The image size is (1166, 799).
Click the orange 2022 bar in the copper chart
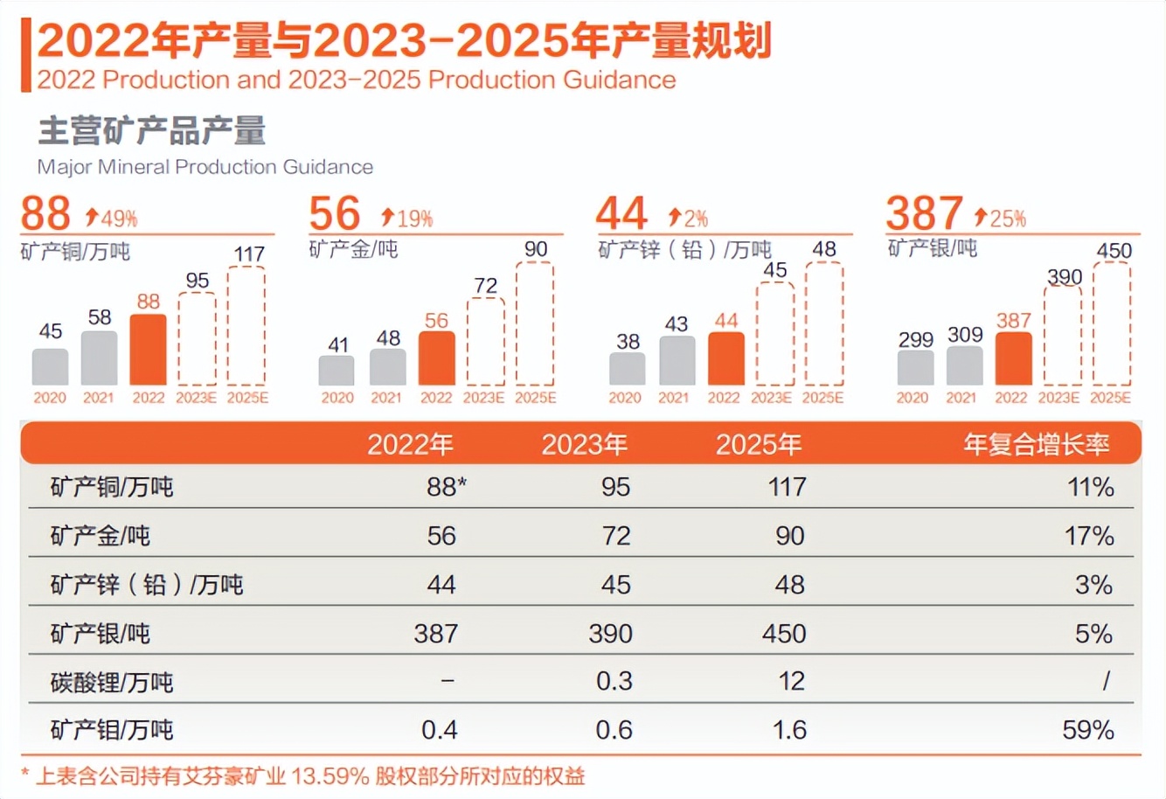[148, 350]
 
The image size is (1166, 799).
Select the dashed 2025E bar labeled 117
[246, 326]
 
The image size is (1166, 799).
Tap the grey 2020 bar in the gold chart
[337, 371]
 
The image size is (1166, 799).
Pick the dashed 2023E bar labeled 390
[1062, 336]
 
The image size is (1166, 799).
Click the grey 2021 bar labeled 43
[677, 360]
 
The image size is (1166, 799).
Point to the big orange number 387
[924, 213]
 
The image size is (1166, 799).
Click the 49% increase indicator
[112, 217]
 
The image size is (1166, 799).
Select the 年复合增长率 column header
[1036, 445]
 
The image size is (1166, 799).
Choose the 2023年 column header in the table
[584, 445]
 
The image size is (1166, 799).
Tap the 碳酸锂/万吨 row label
[112, 682]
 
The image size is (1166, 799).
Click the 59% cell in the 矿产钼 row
[1087, 730]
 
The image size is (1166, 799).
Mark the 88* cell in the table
[446, 487]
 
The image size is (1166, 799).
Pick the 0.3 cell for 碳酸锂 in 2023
[614, 681]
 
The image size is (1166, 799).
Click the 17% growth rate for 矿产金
[1088, 536]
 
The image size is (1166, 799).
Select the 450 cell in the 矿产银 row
[784, 633]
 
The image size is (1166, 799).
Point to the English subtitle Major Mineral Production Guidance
[205, 167]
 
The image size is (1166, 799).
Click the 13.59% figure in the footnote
[330, 776]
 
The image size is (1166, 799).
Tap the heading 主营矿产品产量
[151, 131]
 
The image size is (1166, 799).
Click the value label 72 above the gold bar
[485, 286]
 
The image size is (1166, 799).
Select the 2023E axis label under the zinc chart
[771, 398]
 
